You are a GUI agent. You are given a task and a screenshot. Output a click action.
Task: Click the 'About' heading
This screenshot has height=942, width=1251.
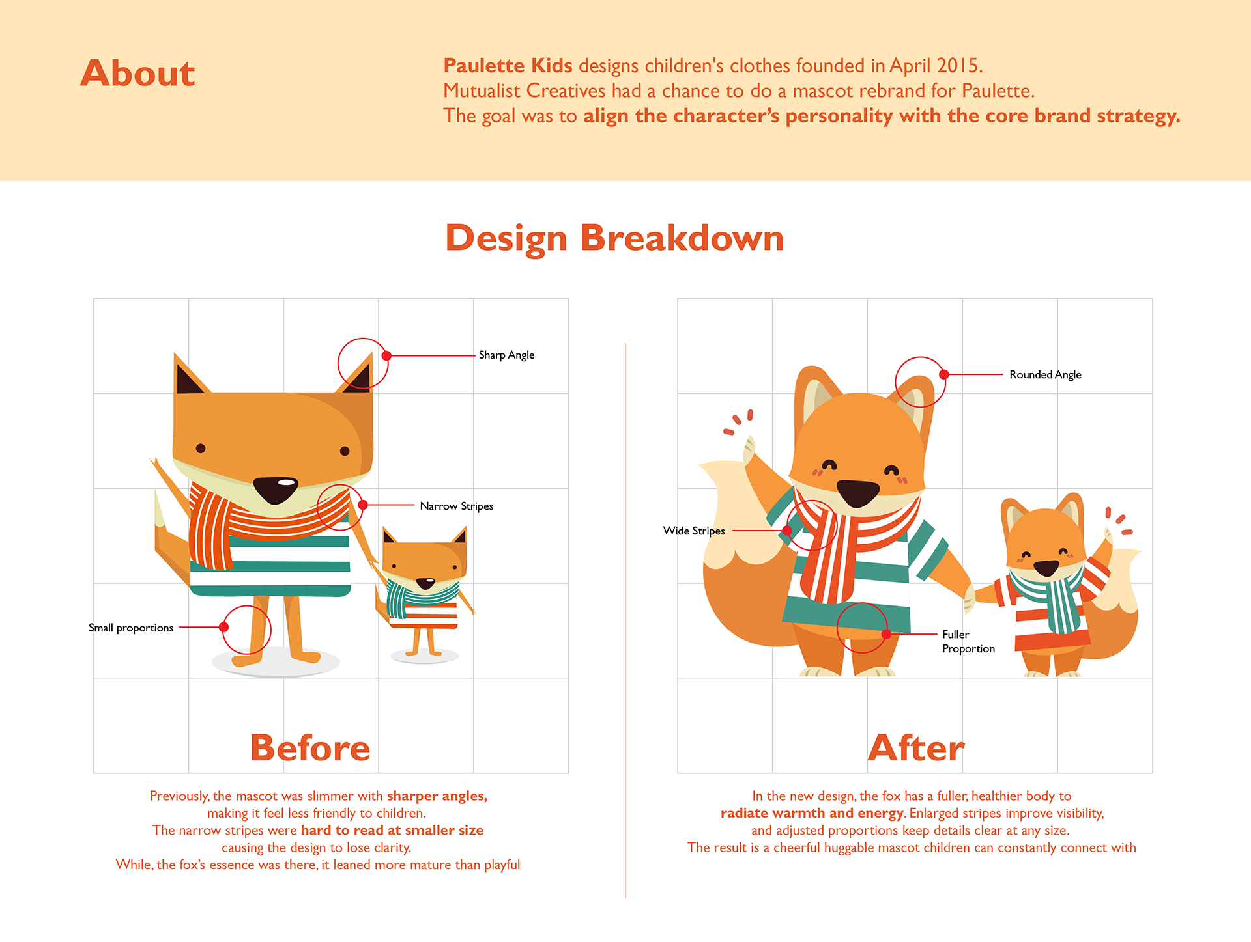click(137, 73)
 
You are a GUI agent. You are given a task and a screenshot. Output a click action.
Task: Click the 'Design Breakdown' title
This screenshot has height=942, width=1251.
click(614, 238)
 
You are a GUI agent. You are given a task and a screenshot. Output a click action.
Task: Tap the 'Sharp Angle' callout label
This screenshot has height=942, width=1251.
click(506, 355)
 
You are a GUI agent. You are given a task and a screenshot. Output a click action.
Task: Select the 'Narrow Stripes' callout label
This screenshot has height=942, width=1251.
click(456, 506)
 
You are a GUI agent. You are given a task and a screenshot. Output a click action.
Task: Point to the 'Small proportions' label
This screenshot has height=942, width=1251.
click(131, 628)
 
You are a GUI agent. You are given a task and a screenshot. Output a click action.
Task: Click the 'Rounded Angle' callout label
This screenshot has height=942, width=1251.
click(1045, 374)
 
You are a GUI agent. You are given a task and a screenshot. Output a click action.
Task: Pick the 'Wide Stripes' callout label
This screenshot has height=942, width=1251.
click(694, 531)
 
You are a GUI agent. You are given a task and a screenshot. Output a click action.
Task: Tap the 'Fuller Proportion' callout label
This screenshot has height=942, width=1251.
click(968, 641)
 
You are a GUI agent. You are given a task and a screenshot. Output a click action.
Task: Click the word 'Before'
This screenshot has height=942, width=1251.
click(310, 748)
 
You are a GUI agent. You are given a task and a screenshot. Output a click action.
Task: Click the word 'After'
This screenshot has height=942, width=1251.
click(916, 748)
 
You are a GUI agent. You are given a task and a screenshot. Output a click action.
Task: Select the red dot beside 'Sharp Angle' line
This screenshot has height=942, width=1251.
click(386, 355)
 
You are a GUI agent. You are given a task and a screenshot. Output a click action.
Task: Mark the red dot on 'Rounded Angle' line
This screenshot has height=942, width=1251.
click(943, 374)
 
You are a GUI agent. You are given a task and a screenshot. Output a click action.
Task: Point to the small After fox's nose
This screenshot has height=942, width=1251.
click(1046, 568)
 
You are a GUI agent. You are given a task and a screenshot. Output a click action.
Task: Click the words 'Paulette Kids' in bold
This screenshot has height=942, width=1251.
click(508, 66)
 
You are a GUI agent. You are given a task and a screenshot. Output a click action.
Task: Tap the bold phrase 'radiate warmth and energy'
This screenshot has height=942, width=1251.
click(812, 813)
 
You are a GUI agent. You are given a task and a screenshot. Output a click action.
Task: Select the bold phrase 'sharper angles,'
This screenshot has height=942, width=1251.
click(437, 796)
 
